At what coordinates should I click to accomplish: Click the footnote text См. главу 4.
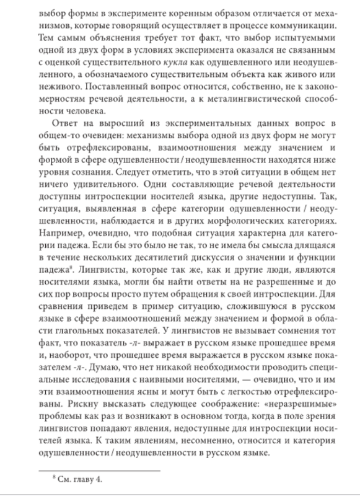pos(75,480)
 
